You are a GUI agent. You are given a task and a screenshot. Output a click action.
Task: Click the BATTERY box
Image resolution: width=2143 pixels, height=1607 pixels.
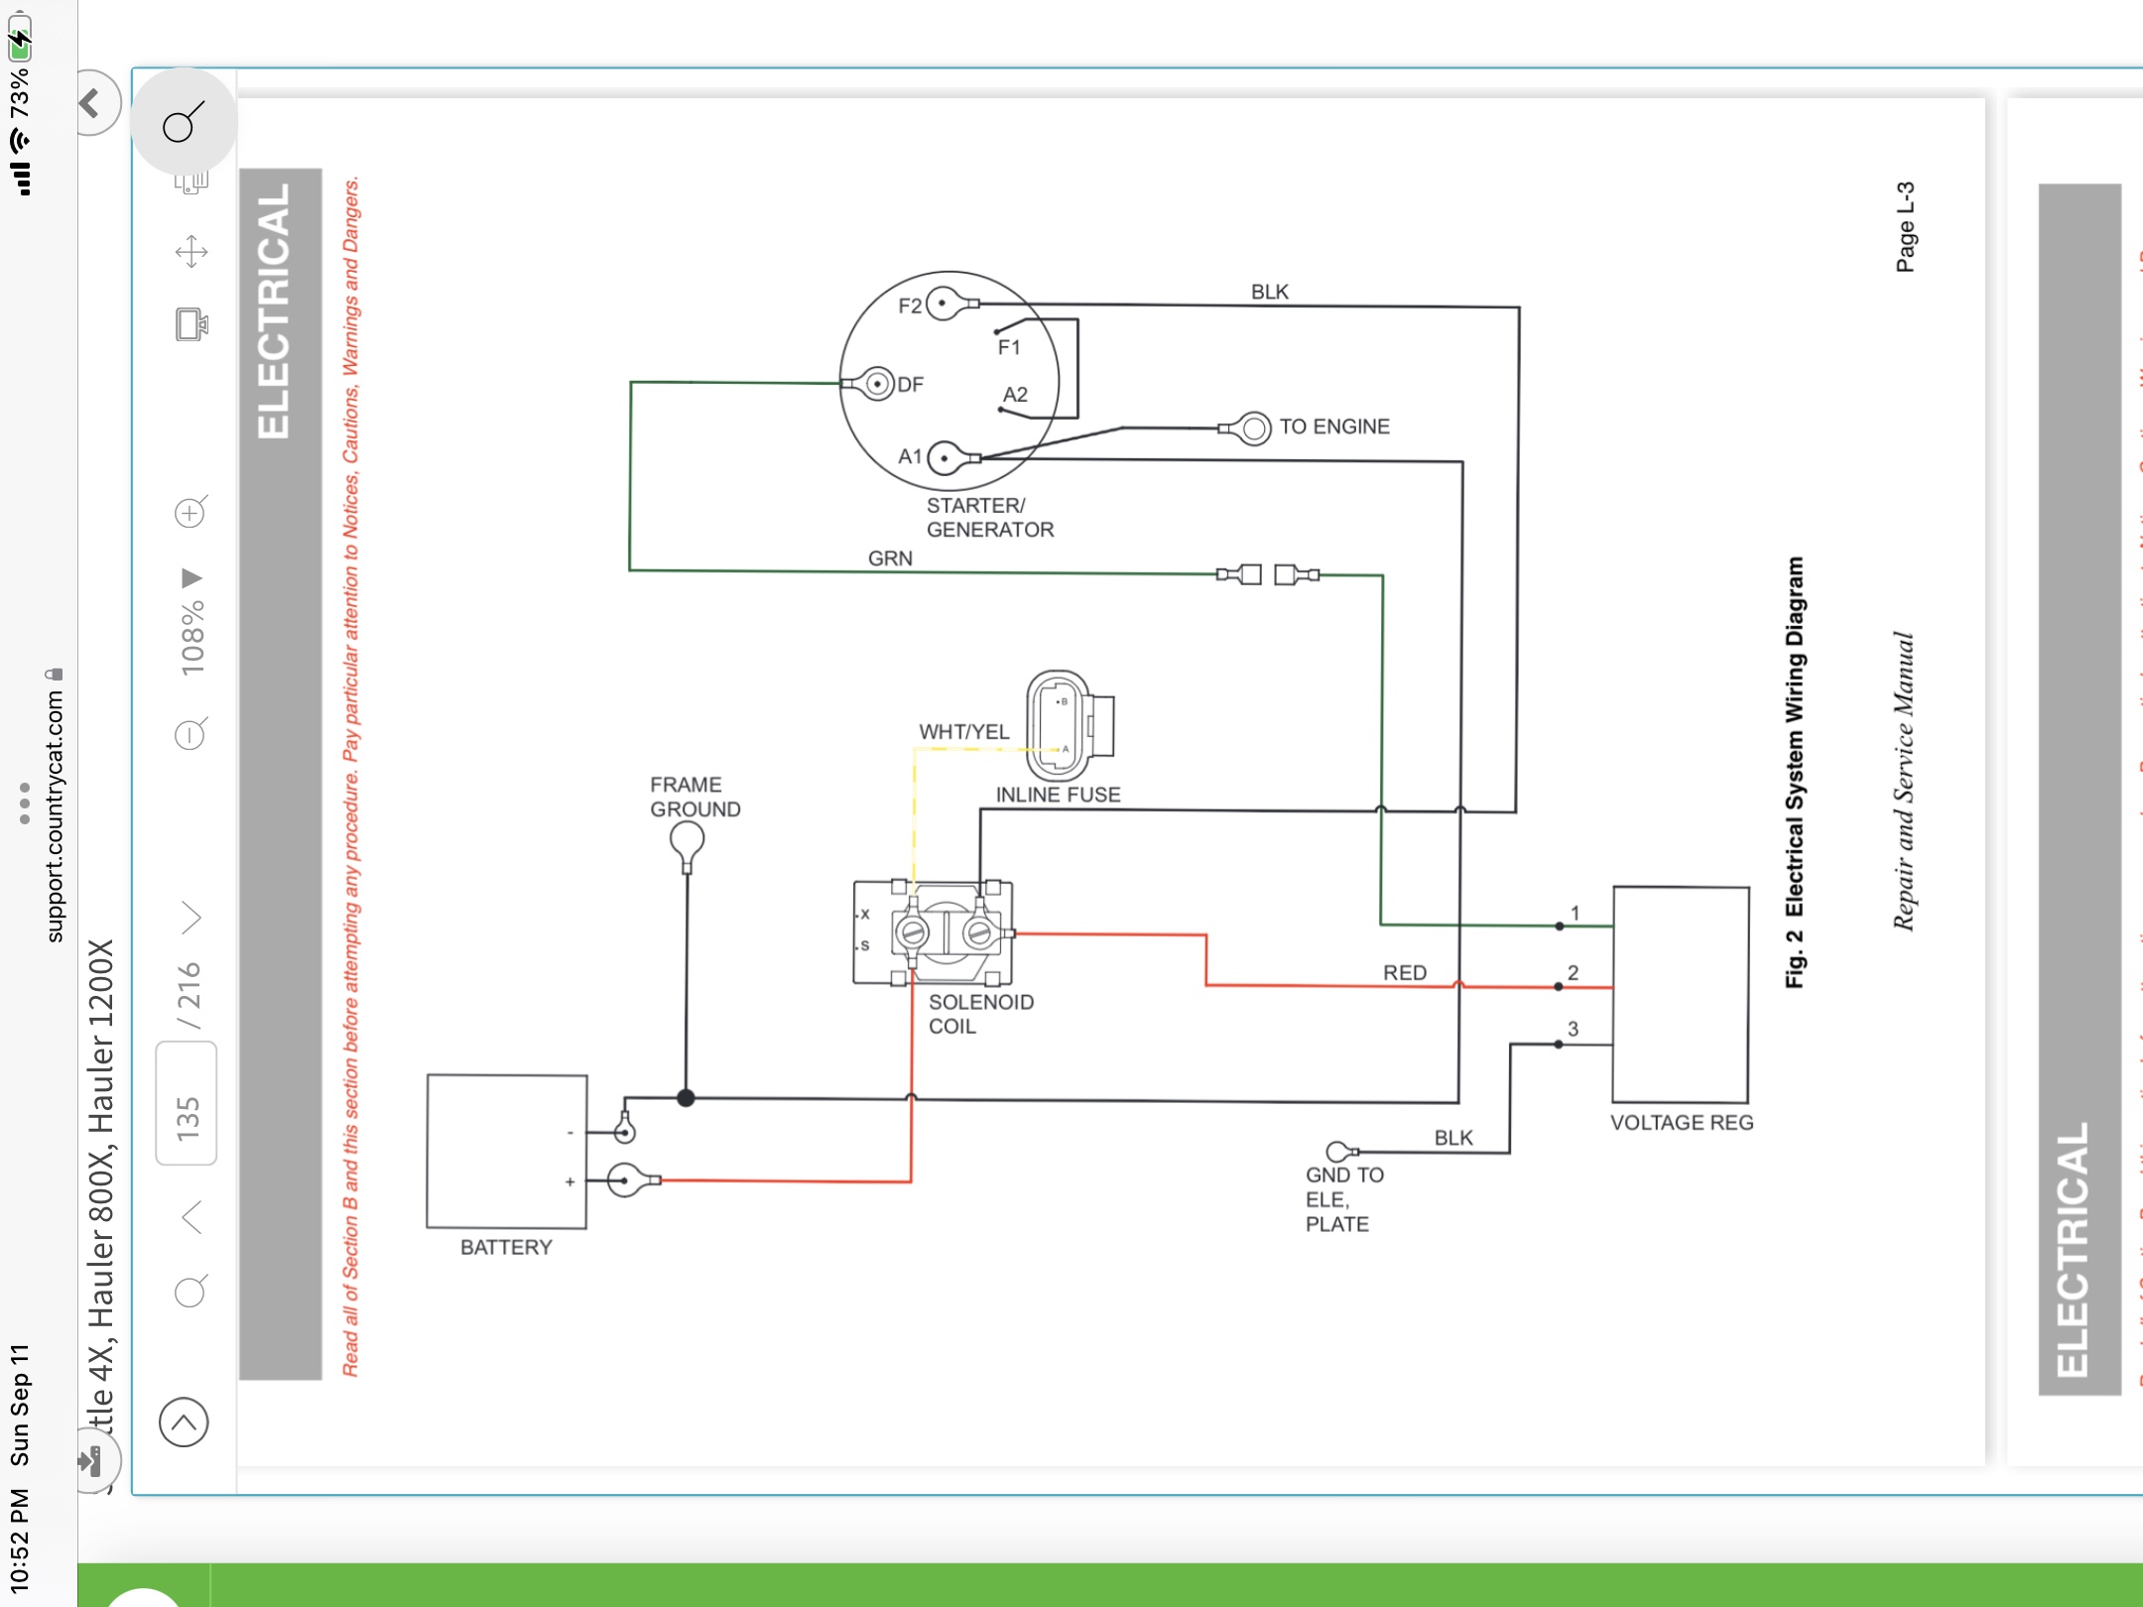pyautogui.click(x=507, y=1151)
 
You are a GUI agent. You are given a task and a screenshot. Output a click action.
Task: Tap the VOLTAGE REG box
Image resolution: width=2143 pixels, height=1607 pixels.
pyautogui.click(x=1681, y=994)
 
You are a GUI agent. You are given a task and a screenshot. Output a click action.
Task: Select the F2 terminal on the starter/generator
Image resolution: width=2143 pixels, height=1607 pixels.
pyautogui.click(x=945, y=304)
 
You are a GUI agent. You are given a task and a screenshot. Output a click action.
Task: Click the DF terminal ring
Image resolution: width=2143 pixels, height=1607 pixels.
pyautogui.click(x=877, y=383)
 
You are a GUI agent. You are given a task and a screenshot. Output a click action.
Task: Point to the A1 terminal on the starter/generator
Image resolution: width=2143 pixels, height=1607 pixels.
pyautogui.click(x=945, y=458)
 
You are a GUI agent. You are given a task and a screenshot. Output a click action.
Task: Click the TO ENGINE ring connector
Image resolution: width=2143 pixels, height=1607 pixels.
pyautogui.click(x=1254, y=428)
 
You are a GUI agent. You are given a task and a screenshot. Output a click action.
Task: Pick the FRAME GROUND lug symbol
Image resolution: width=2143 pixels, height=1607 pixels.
pyautogui.click(x=687, y=844)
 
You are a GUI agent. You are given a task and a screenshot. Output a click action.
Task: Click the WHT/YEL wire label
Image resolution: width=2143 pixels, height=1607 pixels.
pyautogui.click(x=963, y=732)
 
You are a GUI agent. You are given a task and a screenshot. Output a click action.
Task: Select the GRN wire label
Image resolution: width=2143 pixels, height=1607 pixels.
pyautogui.click(x=890, y=558)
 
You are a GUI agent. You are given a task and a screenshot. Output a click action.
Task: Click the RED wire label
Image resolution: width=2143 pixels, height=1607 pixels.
pyautogui.click(x=1405, y=973)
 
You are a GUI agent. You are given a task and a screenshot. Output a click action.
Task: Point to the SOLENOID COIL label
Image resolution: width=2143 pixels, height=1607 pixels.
pyautogui.click(x=980, y=1014)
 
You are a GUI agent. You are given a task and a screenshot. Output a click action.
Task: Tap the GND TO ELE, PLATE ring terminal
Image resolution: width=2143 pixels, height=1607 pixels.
pyautogui.click(x=1337, y=1152)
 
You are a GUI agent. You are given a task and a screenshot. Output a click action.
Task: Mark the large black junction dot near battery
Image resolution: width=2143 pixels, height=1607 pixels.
pyautogui.click(x=686, y=1098)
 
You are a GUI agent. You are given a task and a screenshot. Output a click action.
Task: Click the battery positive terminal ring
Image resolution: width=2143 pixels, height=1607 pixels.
pyautogui.click(x=624, y=1180)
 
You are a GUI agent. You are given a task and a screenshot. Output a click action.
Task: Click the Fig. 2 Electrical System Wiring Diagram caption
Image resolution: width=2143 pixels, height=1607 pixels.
pyautogui.click(x=1795, y=771)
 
